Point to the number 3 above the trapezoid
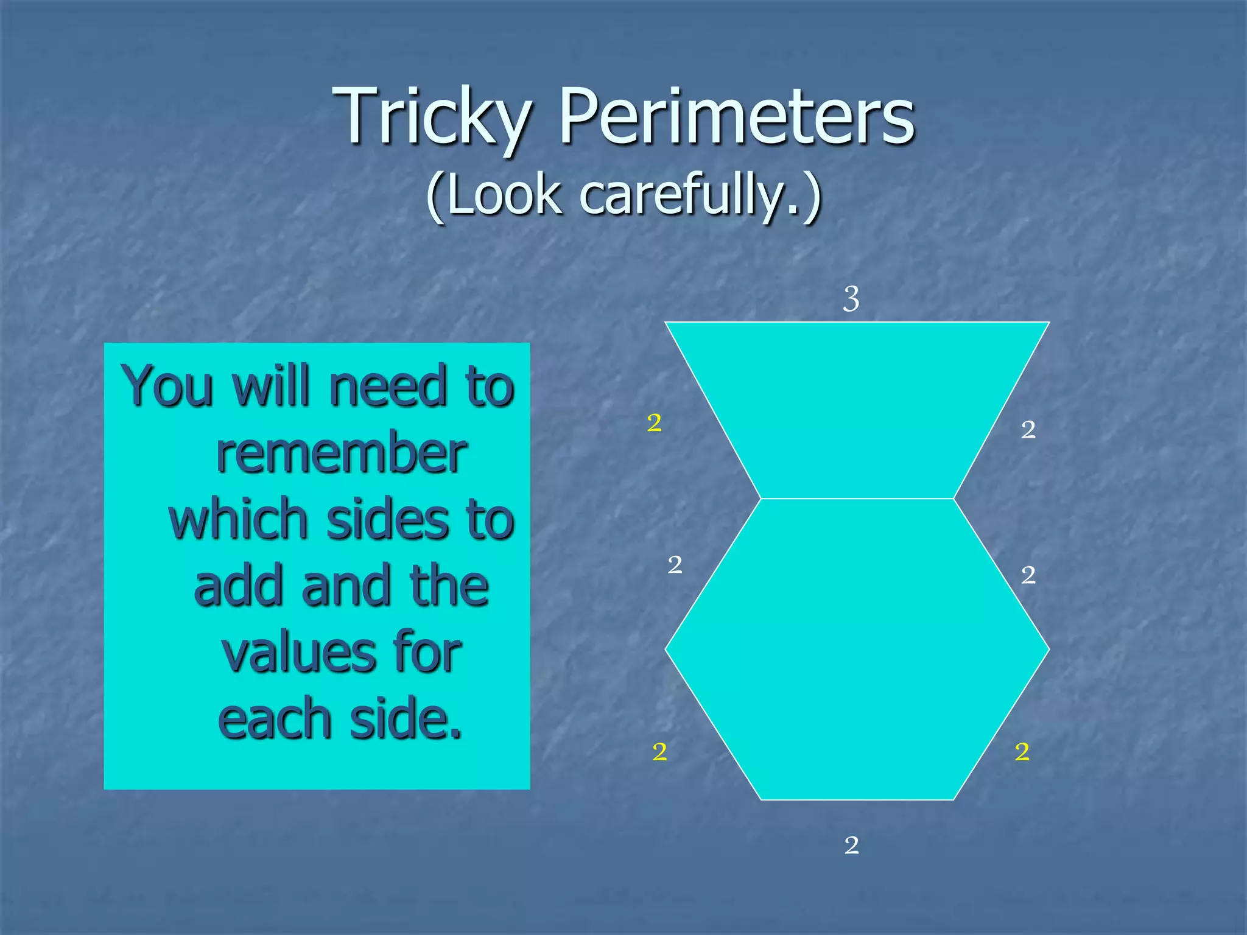pos(851,299)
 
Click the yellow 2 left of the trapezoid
pos(655,422)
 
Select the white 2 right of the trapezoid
pos(1028,430)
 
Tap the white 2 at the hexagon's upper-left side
pos(675,565)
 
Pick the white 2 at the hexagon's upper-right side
pos(1028,575)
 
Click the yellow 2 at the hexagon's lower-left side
pos(659,752)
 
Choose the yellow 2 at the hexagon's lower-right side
pos(1022,752)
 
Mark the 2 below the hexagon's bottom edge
pos(852,845)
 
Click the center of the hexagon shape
pos(857,649)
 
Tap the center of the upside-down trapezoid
pos(857,409)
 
